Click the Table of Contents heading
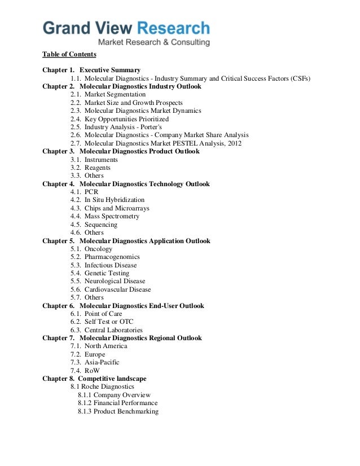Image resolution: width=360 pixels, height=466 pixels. [69, 55]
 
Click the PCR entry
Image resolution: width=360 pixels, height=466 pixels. [91, 192]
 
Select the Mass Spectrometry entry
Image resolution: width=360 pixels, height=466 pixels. [112, 216]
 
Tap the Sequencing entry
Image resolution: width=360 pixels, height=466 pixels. [101, 225]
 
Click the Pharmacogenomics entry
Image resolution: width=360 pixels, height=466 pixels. [112, 257]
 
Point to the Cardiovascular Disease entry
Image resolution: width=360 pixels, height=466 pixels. [118, 289]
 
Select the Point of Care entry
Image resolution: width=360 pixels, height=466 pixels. [103, 314]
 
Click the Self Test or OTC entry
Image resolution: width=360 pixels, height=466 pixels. [109, 322]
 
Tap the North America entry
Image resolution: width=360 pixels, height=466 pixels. [106, 346]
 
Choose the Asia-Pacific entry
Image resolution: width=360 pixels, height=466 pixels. [102, 362]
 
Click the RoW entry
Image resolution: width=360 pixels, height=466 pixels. [92, 371]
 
